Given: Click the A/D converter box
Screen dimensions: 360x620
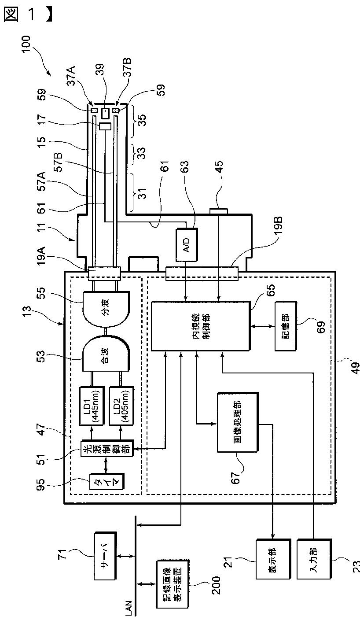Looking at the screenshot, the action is click(187, 245).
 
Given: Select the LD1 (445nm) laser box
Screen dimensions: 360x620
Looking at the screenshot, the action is click(92, 406).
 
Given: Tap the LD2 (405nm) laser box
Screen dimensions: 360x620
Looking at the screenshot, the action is click(121, 406).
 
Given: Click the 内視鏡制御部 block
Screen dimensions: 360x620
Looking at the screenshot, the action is click(200, 326).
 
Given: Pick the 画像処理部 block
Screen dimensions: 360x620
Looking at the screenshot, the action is click(238, 422).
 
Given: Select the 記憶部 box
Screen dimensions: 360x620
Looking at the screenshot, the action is click(286, 326).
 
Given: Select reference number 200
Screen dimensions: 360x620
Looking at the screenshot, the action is click(216, 585).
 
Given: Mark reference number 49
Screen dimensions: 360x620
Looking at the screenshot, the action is click(356, 368).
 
